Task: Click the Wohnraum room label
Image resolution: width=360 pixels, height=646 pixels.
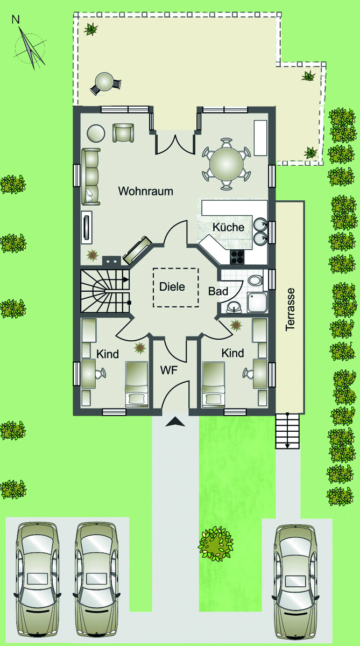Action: pos(145,191)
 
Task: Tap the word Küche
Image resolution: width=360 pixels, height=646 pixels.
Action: pos(229,227)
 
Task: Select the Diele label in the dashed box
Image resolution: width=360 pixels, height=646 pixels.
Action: pos(172,286)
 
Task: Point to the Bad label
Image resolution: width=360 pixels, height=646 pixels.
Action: pos(218,291)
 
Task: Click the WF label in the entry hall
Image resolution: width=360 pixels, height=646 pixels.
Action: pos(169,370)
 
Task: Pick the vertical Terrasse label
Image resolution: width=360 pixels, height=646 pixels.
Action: pos(291,310)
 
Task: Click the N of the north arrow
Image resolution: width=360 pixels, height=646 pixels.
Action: pos(16,19)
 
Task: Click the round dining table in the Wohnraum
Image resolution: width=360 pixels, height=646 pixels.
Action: pos(227,164)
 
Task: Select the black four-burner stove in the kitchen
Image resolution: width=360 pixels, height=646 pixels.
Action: pos(237,257)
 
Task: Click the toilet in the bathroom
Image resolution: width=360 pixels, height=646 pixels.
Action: pos(255,280)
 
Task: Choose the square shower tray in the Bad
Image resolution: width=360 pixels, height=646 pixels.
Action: pos(257,302)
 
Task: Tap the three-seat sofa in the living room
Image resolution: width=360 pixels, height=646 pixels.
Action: pos(91,177)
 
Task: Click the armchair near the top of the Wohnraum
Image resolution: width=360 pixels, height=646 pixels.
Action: pos(123,132)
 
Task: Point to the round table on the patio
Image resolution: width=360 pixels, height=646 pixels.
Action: pos(104,81)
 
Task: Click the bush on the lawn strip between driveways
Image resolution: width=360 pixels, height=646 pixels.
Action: pos(216,544)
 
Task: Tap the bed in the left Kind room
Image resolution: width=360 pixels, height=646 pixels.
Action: pos(137,384)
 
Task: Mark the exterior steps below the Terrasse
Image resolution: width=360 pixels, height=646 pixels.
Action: pos(287,431)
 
